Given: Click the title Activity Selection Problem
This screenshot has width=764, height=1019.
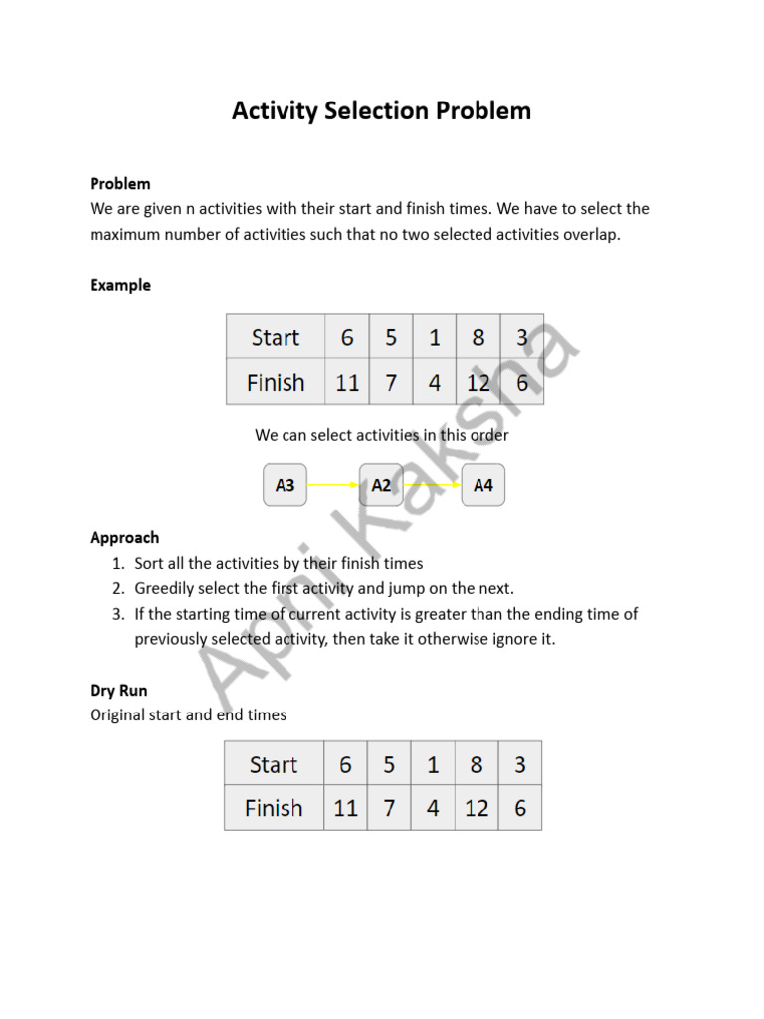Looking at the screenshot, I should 381,110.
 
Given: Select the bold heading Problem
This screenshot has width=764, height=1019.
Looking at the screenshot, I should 120,183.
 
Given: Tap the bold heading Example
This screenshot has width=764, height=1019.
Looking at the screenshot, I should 120,285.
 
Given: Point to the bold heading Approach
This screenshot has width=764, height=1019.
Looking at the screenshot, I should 124,537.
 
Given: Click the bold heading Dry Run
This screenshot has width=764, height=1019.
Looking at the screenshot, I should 118,690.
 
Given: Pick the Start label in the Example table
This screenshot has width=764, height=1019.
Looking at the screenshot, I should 276,338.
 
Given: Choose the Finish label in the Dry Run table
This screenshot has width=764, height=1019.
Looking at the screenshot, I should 274,808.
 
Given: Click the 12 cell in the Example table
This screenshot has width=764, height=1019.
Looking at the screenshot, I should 477,382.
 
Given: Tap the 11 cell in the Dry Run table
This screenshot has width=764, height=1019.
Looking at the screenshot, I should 345,808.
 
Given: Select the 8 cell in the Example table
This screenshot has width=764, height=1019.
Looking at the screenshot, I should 477,338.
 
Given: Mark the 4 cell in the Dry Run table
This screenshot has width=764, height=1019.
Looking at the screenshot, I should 433,808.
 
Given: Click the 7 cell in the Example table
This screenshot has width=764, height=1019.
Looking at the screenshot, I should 391,382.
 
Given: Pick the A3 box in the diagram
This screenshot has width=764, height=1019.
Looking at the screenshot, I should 285,485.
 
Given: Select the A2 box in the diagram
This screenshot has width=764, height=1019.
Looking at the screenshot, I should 381,485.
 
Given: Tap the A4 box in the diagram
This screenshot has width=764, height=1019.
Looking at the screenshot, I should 482,485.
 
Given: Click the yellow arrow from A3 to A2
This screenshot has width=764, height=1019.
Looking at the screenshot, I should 333,485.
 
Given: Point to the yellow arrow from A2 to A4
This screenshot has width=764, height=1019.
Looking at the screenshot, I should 432,485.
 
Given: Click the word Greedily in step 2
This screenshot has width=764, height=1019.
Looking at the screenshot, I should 166,588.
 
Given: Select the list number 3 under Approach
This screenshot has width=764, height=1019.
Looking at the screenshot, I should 117,613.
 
